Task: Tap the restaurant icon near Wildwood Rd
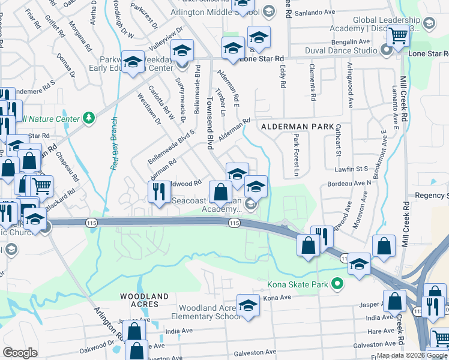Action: (x=157, y=191)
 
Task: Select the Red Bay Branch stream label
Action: (x=113, y=144)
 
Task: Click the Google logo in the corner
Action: (x=20, y=353)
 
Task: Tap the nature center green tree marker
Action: (x=89, y=116)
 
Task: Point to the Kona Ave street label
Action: (x=277, y=298)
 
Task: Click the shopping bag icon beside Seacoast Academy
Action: (x=221, y=192)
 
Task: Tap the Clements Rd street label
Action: (x=312, y=82)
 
